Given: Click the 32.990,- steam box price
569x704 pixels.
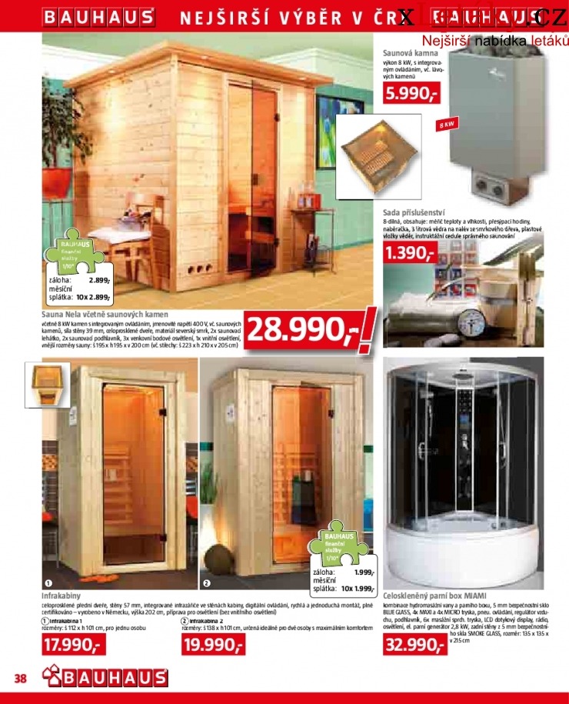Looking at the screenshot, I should (x=415, y=645).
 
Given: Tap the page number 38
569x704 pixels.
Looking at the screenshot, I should (x=21, y=678).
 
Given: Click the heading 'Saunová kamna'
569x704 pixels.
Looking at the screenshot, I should (x=410, y=54).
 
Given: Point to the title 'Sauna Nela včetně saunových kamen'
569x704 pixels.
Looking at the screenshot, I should (x=105, y=315).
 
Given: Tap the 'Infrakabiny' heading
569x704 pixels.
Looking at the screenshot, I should (x=62, y=596).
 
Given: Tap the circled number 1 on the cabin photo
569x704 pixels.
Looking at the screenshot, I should (x=48, y=583).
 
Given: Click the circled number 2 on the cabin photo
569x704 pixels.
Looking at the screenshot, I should (x=206, y=583).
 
